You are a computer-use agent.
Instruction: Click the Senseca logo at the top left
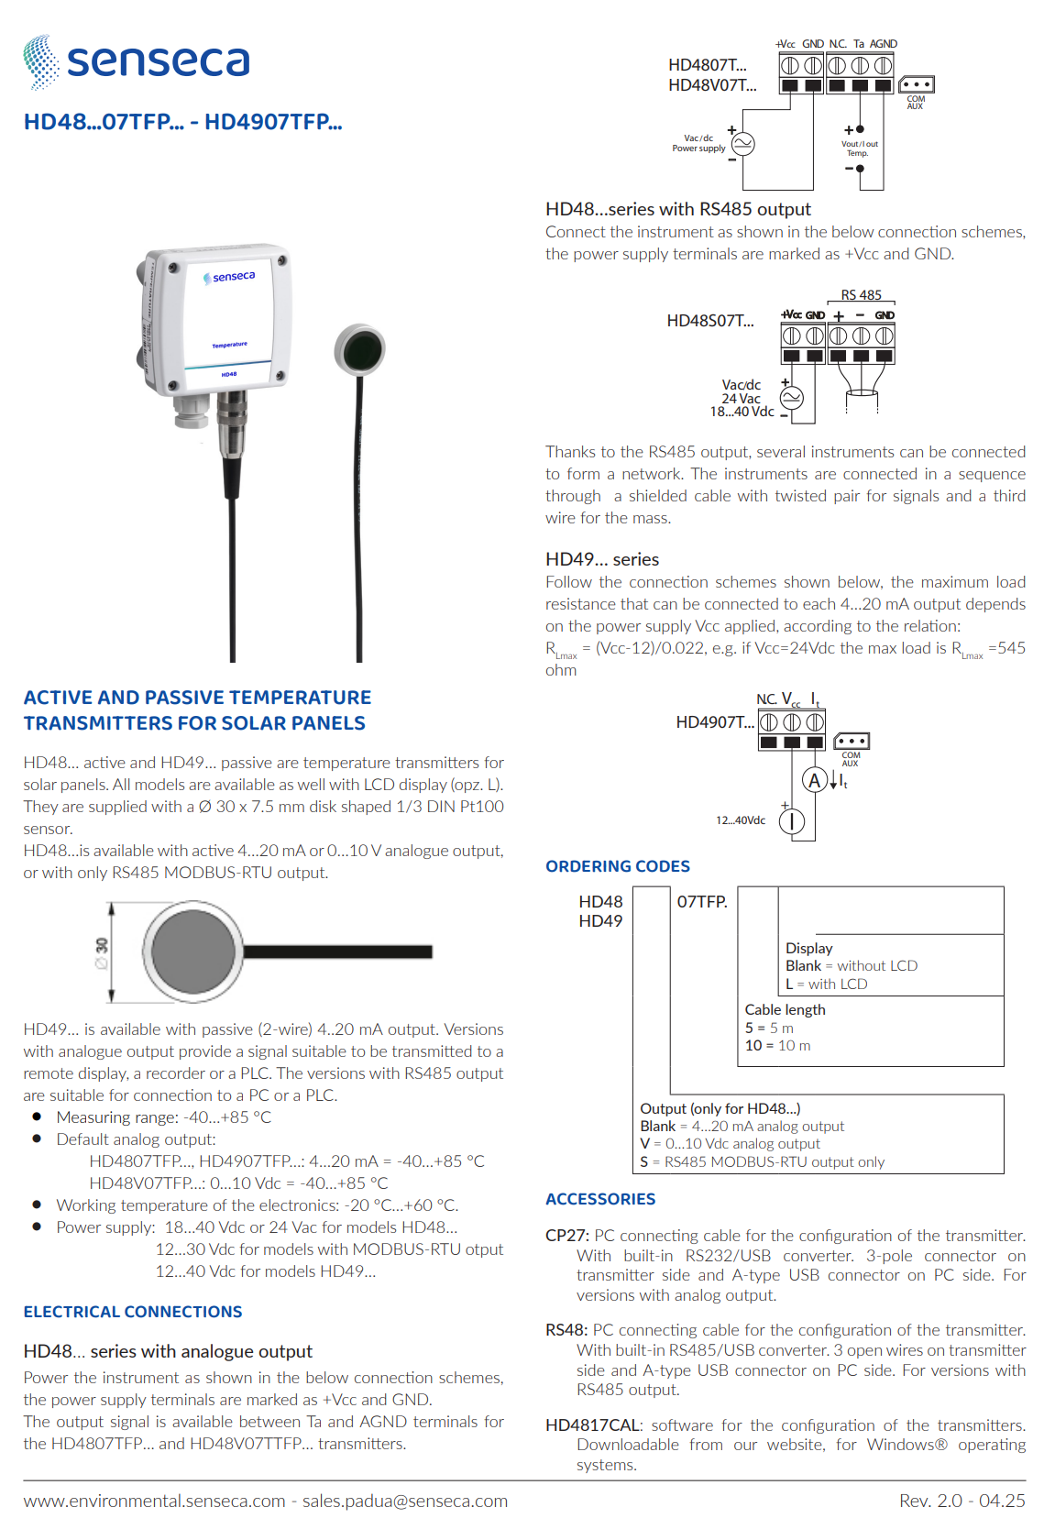137,61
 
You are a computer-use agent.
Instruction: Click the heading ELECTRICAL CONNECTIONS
133,1312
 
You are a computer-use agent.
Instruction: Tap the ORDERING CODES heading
618,866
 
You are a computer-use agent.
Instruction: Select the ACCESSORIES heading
600,1199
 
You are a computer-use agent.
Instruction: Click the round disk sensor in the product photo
359,349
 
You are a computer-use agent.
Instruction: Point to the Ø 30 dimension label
102,953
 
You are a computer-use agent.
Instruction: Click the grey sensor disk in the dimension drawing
193,951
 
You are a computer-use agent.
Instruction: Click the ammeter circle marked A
814,779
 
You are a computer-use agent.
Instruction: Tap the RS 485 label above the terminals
861,295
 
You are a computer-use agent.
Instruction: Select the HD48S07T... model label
710,321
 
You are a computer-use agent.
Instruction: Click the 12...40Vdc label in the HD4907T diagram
741,820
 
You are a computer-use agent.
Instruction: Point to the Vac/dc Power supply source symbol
742,144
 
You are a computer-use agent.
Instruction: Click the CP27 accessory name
566,1236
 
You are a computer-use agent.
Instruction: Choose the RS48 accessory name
566,1330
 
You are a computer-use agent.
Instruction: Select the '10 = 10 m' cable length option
778,1046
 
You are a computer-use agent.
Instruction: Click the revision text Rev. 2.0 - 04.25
962,1501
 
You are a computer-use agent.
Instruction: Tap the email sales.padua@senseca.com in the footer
405,1501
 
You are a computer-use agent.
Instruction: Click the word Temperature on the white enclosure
230,345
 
